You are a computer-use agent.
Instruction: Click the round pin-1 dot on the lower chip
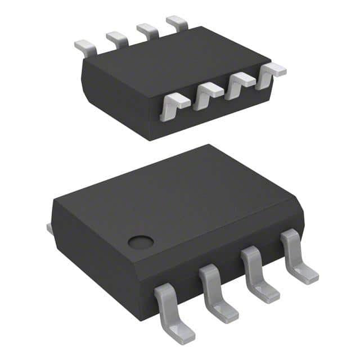[x=141, y=242]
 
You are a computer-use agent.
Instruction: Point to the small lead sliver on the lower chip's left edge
[x=49, y=228]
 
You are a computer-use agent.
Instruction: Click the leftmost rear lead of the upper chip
[x=85, y=47]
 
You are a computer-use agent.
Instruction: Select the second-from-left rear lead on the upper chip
[x=116, y=39]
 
